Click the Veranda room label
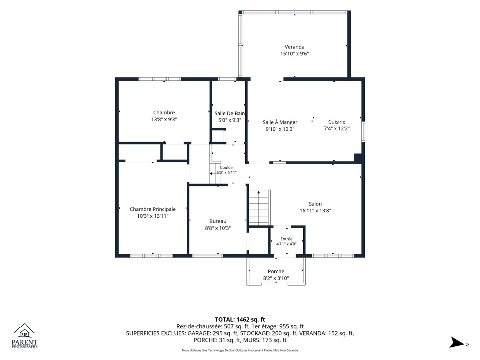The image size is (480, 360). (x=294, y=47)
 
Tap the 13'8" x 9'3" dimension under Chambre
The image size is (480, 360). (x=164, y=119)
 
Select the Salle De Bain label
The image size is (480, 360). (x=229, y=113)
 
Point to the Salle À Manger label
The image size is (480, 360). (x=280, y=122)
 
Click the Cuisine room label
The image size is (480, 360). (x=337, y=122)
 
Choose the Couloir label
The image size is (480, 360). (x=226, y=168)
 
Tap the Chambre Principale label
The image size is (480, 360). (x=153, y=209)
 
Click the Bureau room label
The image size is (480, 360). (x=218, y=221)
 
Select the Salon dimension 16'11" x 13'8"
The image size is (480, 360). (x=315, y=210)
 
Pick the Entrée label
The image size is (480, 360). (x=286, y=239)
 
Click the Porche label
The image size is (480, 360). (x=276, y=271)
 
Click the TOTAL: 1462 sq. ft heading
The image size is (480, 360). (x=240, y=320)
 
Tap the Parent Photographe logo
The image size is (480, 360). (x=24, y=336)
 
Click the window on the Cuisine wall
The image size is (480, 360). (x=363, y=132)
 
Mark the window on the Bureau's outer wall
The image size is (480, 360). (x=207, y=256)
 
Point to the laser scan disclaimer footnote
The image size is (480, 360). (x=240, y=350)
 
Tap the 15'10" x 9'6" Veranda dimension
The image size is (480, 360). (x=294, y=54)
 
